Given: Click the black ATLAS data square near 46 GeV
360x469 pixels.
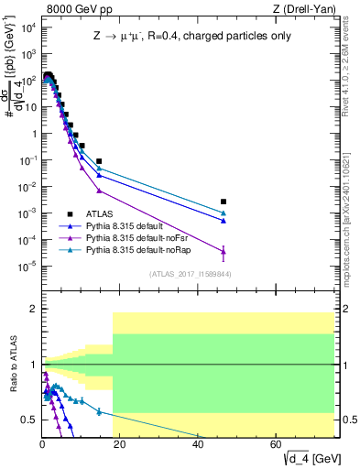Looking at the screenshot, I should point(224,202).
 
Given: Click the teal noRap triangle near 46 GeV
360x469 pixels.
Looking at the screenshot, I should point(224,213).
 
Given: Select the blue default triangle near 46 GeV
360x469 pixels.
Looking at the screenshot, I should point(224,220).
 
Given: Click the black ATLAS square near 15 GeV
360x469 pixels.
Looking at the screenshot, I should point(99,161).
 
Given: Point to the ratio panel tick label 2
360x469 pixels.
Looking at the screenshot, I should point(32,310).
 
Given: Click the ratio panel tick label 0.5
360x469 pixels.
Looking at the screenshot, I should point(28,420).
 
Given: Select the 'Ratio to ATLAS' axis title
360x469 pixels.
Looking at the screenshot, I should point(13,365).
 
